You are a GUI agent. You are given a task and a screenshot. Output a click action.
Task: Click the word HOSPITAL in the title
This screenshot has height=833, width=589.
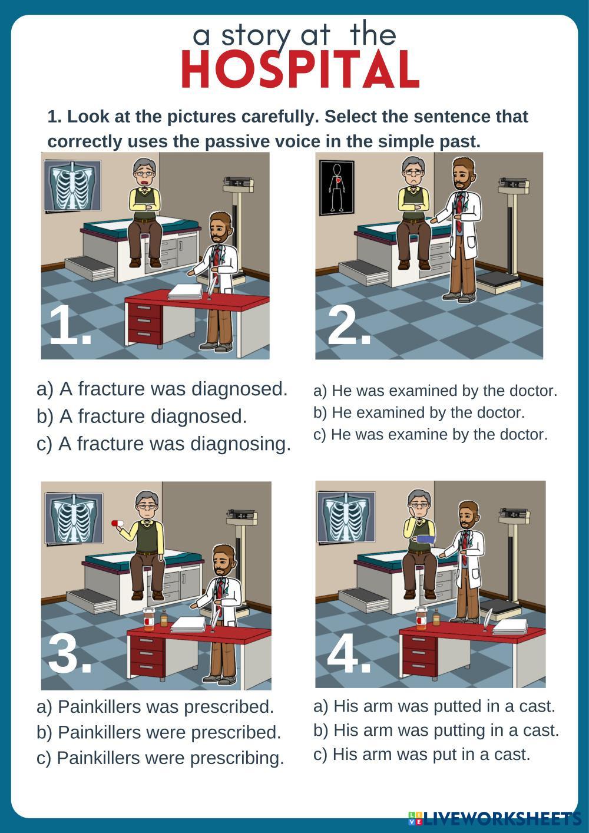coord(300,70)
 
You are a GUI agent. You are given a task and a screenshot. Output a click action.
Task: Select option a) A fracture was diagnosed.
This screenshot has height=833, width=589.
coord(162,389)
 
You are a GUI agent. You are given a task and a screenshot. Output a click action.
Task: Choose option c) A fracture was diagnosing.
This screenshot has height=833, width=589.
coord(164,444)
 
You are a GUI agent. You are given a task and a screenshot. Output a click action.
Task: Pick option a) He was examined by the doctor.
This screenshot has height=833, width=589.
coord(435,391)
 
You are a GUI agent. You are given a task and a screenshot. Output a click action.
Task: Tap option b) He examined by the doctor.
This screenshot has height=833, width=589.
coord(419,413)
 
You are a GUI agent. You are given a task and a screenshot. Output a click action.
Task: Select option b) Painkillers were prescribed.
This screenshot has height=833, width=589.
coord(159,732)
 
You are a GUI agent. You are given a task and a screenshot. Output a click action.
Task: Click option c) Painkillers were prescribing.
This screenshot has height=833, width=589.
coord(160,758)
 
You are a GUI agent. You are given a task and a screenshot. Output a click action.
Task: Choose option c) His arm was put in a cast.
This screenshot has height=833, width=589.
coord(422,754)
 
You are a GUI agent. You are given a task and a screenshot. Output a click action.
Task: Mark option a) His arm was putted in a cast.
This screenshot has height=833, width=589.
coord(434,706)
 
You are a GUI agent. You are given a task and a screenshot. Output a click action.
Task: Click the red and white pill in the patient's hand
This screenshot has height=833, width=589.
coord(117,523)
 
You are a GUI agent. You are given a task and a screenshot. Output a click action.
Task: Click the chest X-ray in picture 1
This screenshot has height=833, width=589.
coord(72,185)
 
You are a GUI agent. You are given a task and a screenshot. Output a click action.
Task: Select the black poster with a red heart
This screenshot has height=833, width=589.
coord(336,188)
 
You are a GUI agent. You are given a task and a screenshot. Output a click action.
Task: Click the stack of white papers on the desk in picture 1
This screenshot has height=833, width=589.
coord(186,292)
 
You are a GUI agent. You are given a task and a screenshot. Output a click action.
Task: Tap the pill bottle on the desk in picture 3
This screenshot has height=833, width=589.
coord(148,619)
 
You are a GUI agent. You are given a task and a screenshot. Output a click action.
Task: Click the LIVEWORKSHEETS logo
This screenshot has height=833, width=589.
coord(495,818)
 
